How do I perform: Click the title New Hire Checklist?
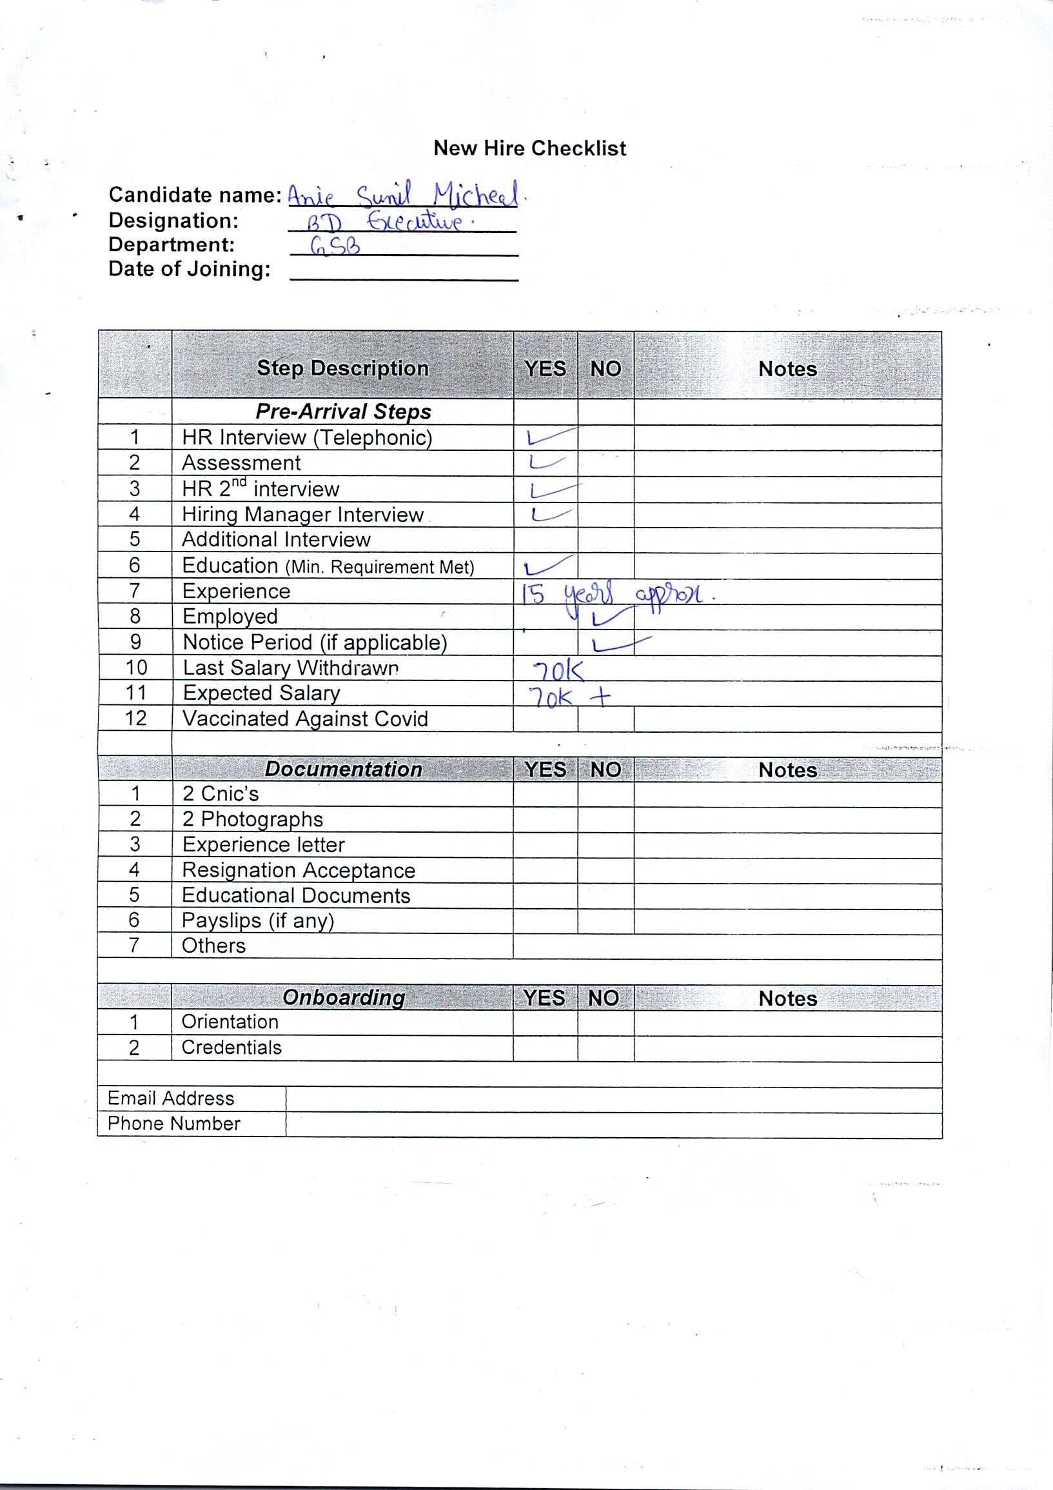pos(529,148)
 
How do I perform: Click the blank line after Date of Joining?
pos(404,272)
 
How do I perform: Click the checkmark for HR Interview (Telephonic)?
pos(549,437)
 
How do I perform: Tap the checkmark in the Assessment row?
pos(547,462)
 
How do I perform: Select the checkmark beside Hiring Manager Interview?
pos(549,515)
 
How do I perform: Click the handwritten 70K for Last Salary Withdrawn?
pos(556,670)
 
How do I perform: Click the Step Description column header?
pos(342,368)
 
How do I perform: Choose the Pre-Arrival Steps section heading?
pos(342,412)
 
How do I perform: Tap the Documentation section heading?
pos(342,769)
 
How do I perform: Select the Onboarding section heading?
pos(342,997)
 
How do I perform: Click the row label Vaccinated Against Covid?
pos(305,719)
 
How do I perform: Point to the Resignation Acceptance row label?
pos(299,869)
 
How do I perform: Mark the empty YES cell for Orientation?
pos(545,1022)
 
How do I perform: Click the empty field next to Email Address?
pos(613,1098)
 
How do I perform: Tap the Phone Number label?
pos(174,1124)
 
